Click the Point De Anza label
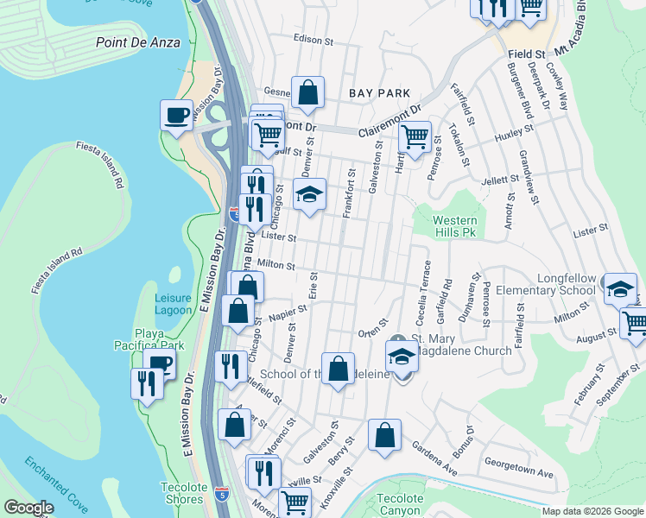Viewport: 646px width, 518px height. [x=138, y=41]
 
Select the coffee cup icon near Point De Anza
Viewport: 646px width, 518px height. [x=177, y=116]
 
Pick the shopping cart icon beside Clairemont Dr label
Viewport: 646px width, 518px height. [x=415, y=136]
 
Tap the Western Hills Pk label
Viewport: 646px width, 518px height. [x=454, y=227]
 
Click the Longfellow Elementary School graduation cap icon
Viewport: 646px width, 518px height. [x=619, y=289]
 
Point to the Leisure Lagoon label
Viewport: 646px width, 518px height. [x=173, y=304]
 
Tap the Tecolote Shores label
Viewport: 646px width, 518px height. [x=183, y=494]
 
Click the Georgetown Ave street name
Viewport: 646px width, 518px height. [x=519, y=474]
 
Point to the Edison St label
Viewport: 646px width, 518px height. [x=313, y=41]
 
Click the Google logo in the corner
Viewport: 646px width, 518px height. [x=28, y=508]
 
